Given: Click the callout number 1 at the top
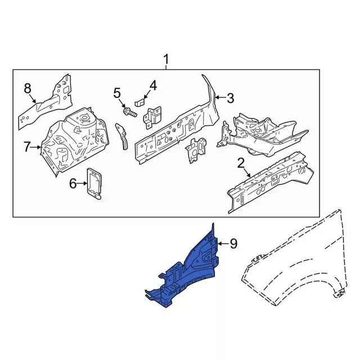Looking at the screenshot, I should point(166,59).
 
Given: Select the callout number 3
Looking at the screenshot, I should point(230,98).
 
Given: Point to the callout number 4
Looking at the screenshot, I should point(152,86).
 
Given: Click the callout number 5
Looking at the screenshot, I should point(117,93).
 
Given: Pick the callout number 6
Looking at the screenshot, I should point(73,183).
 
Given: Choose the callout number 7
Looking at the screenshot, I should point(26,147).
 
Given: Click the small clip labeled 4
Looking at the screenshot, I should point(141,102).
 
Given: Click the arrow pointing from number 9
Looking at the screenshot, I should point(223,243).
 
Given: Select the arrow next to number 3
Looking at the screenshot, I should point(220,98).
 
